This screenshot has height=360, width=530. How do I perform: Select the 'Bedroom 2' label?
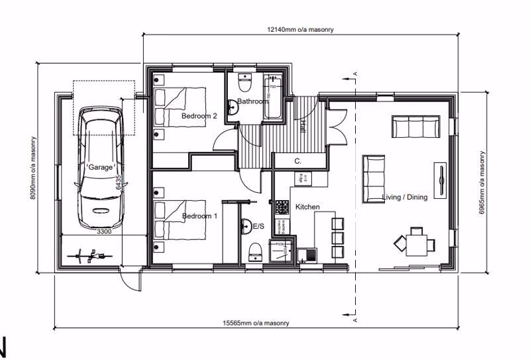[x=199, y=116]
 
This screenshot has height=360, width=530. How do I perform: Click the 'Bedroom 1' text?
[x=199, y=216]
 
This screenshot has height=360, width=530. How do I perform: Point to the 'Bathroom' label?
[x=253, y=101]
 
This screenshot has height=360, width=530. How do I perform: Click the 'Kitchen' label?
[x=307, y=208]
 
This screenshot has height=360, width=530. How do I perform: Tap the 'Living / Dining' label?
[x=405, y=197]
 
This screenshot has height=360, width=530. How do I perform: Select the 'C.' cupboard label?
[x=298, y=161]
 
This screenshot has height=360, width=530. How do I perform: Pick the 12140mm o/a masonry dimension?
[x=299, y=30]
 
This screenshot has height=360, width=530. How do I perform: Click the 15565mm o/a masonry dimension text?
[x=256, y=323]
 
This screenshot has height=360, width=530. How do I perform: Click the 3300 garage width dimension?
[x=104, y=232]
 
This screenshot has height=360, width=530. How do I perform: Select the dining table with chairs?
[x=416, y=243]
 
